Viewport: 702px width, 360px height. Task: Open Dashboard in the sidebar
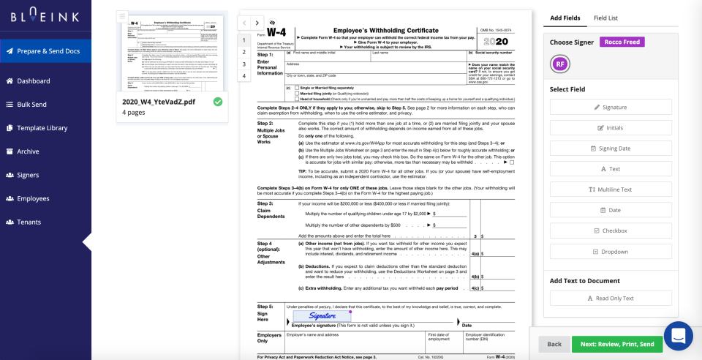[x=33, y=81]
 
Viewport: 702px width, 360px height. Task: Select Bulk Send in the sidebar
[x=31, y=105]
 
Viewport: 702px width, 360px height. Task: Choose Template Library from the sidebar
[x=42, y=128]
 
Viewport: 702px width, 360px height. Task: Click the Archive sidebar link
[x=28, y=151]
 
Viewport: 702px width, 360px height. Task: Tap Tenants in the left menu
[x=29, y=222]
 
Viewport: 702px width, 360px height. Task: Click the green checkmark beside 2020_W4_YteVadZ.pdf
[x=218, y=102]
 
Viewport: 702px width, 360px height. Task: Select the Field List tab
[x=605, y=18]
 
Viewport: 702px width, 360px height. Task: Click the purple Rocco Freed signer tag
[x=622, y=42]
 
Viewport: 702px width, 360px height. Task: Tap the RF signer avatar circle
[x=560, y=64]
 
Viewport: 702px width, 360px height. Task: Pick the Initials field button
[x=611, y=128]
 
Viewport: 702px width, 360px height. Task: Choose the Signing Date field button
[x=611, y=149]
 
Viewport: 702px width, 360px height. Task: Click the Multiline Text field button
[x=611, y=190]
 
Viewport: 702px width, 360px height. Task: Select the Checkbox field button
[x=611, y=230]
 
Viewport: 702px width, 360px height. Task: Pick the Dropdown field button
[x=611, y=252]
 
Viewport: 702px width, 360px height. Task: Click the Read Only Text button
[x=611, y=299]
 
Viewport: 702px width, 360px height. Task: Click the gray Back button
[x=554, y=344]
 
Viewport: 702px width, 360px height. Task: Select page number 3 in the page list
[x=244, y=64]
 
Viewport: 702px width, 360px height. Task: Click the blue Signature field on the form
[x=322, y=316]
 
